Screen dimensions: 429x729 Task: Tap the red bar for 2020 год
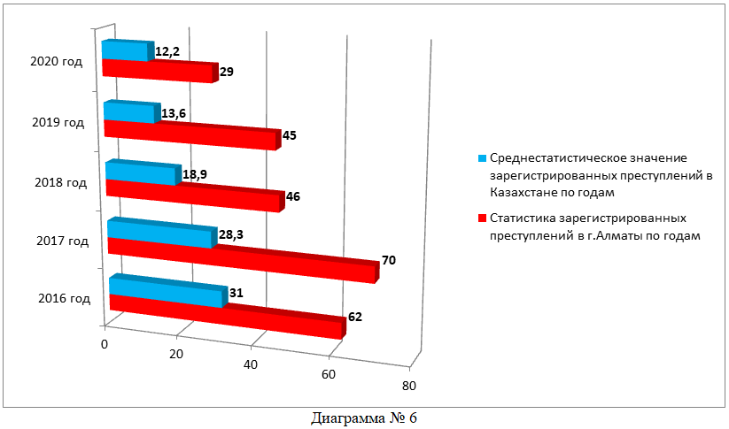pos(158,71)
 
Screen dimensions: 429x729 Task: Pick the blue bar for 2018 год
pos(142,172)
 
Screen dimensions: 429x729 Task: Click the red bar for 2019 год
pos(190,134)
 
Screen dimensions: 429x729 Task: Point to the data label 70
pos(388,261)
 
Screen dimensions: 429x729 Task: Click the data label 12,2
pos(168,52)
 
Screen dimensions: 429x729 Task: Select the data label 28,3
pos(231,234)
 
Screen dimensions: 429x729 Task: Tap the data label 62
pos(355,317)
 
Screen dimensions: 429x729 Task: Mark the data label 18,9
pos(195,174)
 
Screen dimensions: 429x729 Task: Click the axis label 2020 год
pos(56,62)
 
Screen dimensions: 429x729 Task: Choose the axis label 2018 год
pos(60,183)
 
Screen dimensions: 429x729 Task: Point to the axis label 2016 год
pos(65,298)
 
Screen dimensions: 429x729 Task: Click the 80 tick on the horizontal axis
pos(407,386)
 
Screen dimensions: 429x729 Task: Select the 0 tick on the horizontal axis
pos(105,343)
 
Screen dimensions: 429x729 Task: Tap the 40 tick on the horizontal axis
pos(252,364)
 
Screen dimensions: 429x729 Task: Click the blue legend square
pos(482,158)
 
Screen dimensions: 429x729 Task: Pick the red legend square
pos(482,218)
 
